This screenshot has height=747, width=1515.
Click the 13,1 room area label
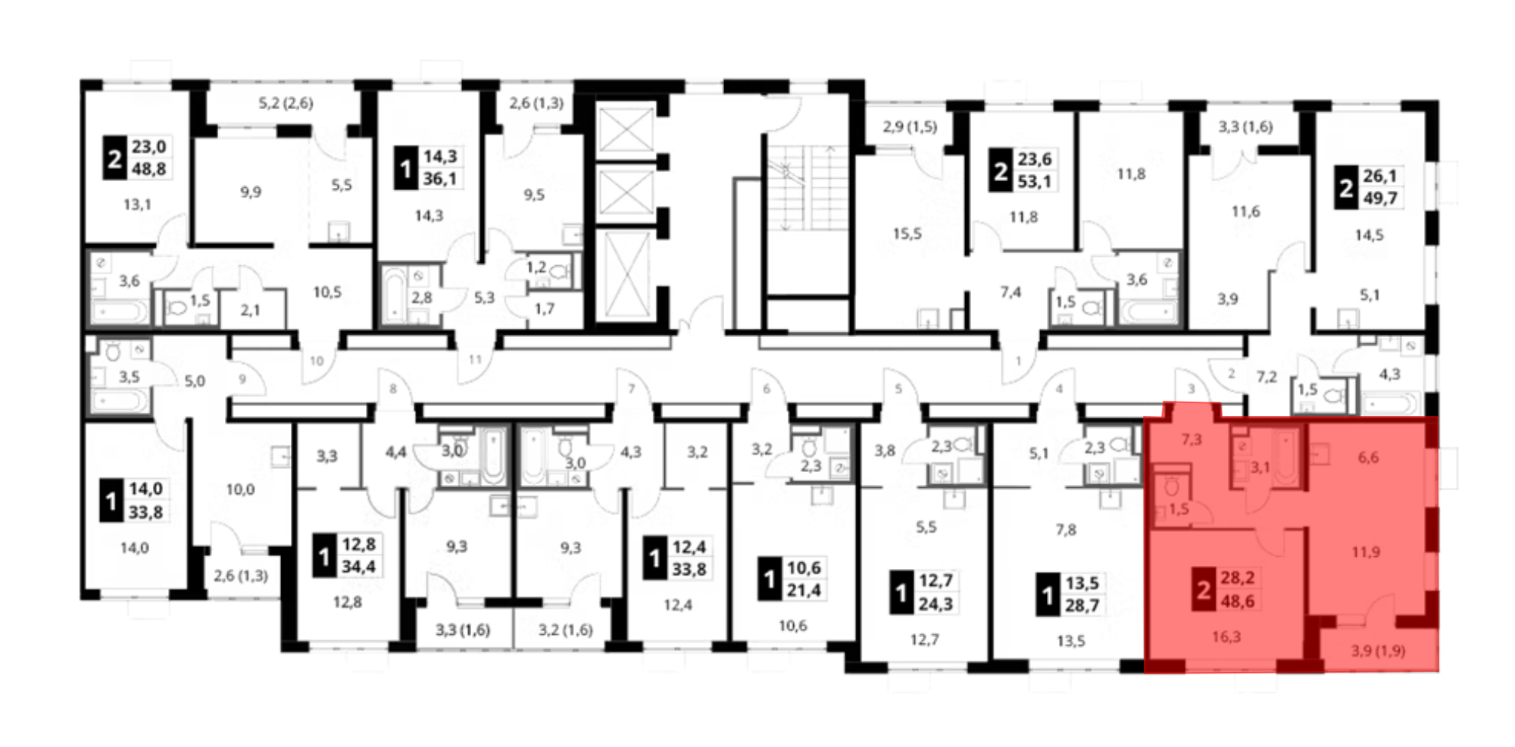137,204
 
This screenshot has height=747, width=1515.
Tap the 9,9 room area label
251,192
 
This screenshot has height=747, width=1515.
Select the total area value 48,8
148,168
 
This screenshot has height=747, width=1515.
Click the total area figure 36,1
440,179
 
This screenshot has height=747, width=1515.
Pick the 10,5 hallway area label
327,292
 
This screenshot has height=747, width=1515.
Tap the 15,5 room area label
907,233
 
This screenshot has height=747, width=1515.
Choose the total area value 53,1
1035,182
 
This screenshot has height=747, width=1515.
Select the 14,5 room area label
1369,235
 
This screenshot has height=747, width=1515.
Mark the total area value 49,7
1380,198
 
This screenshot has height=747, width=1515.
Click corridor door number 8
392,389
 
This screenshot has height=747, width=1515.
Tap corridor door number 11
475,359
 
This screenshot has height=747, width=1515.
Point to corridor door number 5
898,389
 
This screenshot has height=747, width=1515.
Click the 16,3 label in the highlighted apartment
1226,636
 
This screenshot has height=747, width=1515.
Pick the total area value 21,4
804,590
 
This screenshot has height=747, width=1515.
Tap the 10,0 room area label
240,489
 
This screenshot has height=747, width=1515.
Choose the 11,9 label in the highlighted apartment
1366,552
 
